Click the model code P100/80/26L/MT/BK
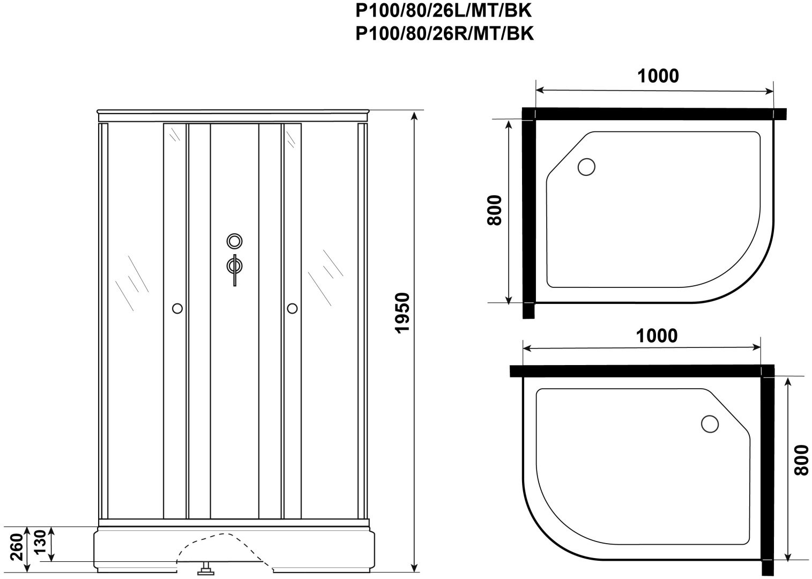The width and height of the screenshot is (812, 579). click(443, 11)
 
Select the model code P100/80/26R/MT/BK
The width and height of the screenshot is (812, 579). click(444, 34)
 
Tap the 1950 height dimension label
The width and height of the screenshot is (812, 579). click(403, 313)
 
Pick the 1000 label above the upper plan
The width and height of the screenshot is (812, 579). click(658, 76)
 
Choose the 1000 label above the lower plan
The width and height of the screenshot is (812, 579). click(657, 336)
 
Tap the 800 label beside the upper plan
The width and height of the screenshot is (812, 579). click(495, 210)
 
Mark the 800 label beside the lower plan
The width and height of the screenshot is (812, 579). click(801, 460)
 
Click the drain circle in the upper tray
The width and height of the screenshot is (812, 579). click(586, 167)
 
